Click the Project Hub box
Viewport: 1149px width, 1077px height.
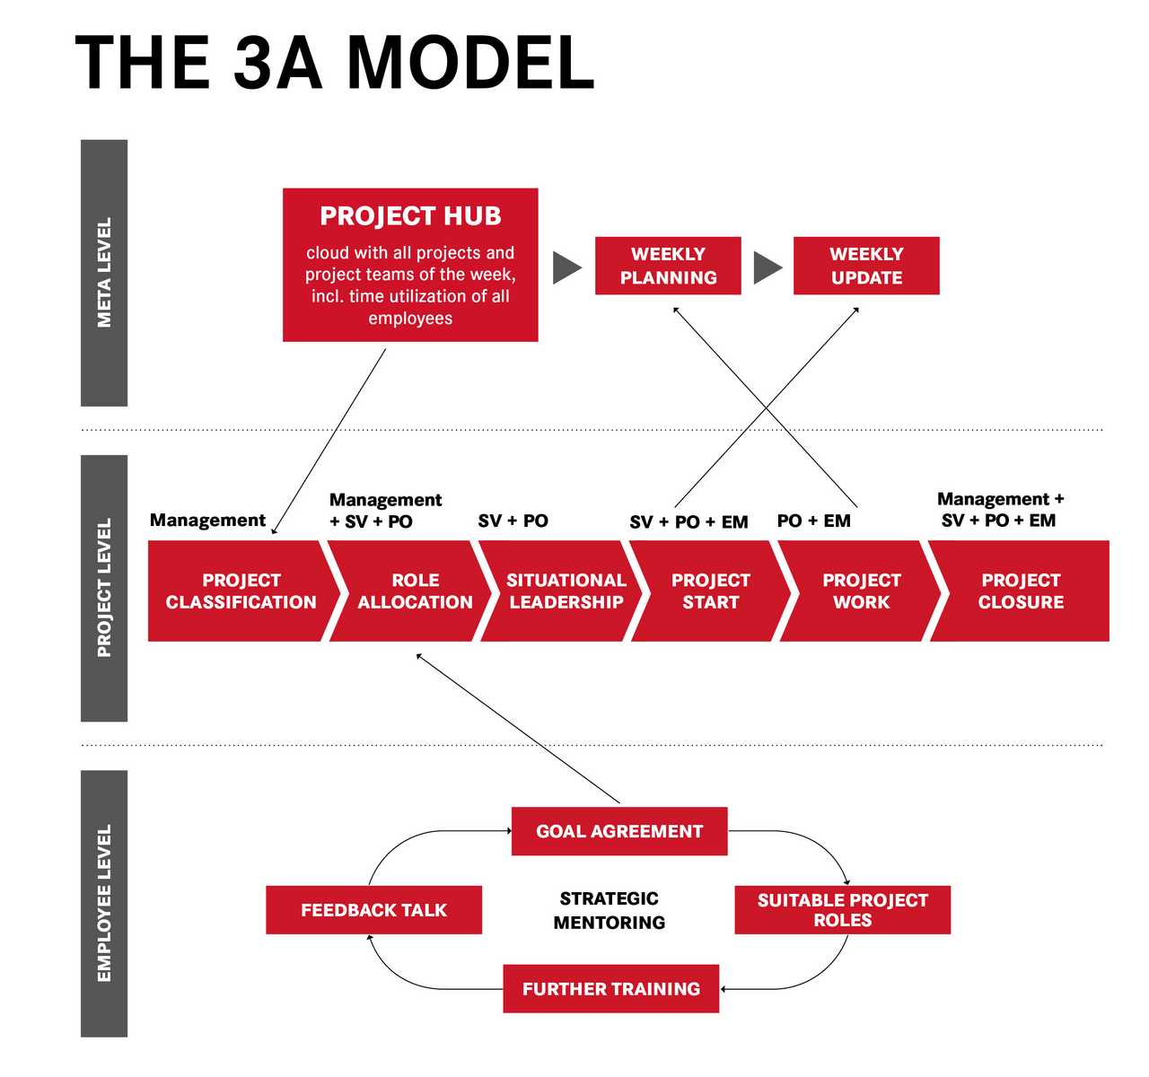point(410,265)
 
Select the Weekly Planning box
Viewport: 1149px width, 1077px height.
point(668,266)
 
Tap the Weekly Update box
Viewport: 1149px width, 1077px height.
point(866,266)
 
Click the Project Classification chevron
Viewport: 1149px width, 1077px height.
point(241,591)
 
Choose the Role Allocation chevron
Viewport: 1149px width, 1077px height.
point(415,591)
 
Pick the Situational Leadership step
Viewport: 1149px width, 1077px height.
point(566,591)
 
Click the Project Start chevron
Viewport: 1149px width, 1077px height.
point(710,591)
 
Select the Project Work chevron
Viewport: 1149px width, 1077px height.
point(861,591)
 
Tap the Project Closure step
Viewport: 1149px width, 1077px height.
point(1021,591)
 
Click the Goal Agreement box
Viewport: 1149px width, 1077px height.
point(619,831)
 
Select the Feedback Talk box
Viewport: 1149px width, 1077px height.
point(373,910)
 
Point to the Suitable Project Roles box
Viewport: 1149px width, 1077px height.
point(842,910)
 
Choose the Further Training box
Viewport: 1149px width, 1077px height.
point(610,989)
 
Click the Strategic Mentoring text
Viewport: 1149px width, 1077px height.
point(610,910)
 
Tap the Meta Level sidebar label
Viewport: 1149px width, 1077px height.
point(104,273)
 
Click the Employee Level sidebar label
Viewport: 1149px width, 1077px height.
point(104,904)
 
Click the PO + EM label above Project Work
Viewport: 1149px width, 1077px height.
point(813,521)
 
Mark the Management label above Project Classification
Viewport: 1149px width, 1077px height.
point(207,520)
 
